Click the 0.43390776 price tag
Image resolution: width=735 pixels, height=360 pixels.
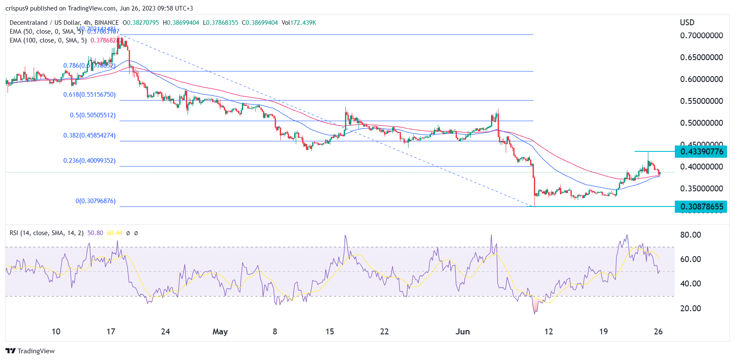[701, 152]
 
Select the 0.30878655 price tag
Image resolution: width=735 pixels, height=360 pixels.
[701, 206]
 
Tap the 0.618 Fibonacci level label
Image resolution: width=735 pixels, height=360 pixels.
[89, 95]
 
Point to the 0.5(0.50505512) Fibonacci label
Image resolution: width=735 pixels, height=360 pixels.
[93, 115]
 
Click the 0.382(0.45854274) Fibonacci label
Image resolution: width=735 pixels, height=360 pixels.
[89, 135]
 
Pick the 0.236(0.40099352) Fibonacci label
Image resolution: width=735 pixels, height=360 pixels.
[89, 161]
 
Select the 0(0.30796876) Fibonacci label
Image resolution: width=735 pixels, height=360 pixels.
[96, 201]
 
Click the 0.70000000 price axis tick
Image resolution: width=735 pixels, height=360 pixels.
[701, 36]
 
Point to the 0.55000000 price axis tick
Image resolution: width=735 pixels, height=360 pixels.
[701, 101]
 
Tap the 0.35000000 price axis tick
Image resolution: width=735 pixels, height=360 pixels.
[701, 189]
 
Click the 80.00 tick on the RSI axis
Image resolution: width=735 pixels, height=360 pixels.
[690, 235]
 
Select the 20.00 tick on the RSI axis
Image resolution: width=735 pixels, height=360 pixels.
[690, 309]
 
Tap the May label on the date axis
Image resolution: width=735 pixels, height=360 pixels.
[220, 332]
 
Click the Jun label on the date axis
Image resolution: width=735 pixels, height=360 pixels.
[462, 332]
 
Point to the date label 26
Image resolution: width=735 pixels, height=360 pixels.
[658, 332]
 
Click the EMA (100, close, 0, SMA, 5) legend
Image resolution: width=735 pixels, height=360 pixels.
[48, 40]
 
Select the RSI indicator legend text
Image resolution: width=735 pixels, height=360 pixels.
[46, 233]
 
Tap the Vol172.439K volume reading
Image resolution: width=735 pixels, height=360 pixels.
[299, 23]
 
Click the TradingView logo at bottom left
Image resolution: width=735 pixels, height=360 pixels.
[30, 351]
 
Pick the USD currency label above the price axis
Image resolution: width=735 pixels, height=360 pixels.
[687, 23]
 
